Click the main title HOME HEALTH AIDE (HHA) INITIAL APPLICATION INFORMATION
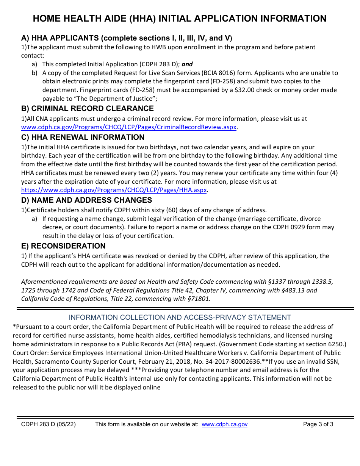tap(180, 19)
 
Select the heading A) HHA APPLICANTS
tap(127, 38)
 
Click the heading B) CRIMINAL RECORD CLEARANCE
tap(88, 109)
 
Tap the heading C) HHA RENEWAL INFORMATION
tap(83, 137)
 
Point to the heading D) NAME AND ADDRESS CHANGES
tap(87, 200)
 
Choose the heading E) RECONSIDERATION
tap(63, 246)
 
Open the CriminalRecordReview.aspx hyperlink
tap(129, 127)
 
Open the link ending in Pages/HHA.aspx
tap(114, 190)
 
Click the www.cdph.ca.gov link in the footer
tap(224, 424)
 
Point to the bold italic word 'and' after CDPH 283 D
tap(187, 64)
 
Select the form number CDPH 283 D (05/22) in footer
tap(49, 424)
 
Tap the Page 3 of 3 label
tap(318, 424)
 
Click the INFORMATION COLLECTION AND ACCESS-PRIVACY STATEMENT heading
tap(180, 317)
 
